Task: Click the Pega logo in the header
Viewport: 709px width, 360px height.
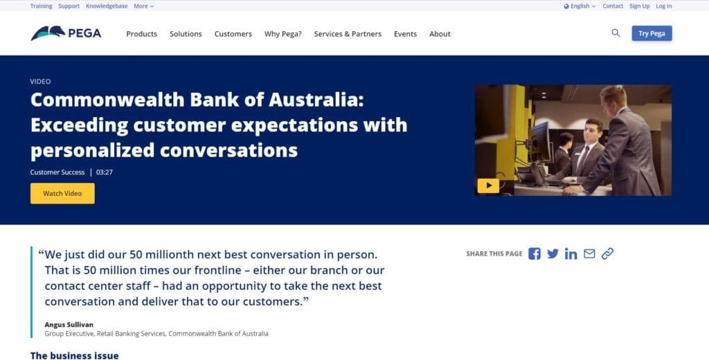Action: pos(66,33)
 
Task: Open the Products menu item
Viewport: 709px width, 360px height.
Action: pos(141,34)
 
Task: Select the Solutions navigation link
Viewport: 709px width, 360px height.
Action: pos(186,34)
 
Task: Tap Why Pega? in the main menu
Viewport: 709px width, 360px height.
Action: pos(283,34)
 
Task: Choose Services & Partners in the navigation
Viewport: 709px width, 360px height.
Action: pos(348,34)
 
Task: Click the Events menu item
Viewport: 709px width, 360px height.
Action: pos(405,34)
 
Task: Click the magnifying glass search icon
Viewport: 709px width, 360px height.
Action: pos(616,33)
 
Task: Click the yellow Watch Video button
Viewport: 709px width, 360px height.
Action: pos(62,194)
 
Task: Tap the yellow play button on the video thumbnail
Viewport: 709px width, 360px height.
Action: pos(488,186)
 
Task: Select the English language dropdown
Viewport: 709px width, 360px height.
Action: pos(580,6)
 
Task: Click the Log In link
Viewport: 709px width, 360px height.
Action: pos(664,6)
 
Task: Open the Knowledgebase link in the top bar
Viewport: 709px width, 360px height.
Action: pos(107,6)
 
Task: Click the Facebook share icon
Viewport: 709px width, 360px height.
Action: pos(535,253)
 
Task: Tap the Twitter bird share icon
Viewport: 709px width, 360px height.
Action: pos(553,253)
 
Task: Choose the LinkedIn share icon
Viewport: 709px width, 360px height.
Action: pos(571,253)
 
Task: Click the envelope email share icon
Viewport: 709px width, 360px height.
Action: pos(589,253)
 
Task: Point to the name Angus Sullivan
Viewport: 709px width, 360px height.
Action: pos(69,325)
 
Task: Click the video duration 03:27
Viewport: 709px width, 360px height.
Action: pos(105,172)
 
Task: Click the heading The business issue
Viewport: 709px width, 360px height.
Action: pos(75,355)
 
